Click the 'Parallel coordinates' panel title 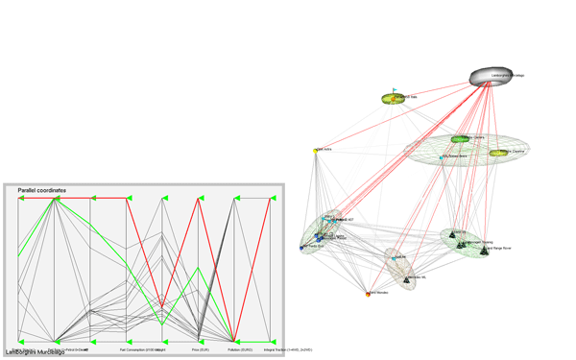point(42,191)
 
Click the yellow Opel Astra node point(316,151)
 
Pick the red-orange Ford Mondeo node point(369,295)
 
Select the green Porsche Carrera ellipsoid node point(467,139)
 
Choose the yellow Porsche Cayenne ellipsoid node point(498,153)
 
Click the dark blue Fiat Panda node point(301,247)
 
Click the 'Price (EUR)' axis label point(200,350)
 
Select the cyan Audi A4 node point(394,258)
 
